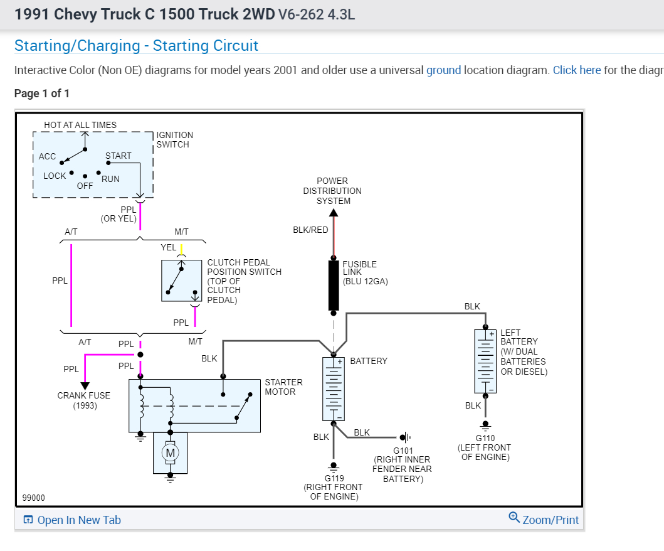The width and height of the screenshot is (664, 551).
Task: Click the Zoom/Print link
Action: tap(544, 519)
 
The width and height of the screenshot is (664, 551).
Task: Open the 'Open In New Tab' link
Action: tap(72, 520)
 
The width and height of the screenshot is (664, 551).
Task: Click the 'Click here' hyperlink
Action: tap(576, 70)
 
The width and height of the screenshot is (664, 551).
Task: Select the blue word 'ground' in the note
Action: tap(443, 70)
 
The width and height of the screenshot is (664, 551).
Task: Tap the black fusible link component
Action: tap(334, 286)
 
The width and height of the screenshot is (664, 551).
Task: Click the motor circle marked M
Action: tap(170, 452)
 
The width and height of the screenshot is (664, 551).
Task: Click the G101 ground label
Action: tap(403, 451)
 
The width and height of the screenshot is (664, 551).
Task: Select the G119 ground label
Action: tap(334, 478)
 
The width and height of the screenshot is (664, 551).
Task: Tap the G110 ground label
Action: tap(485, 438)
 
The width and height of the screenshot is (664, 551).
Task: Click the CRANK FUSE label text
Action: tap(83, 395)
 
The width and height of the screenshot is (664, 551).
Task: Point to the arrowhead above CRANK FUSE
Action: tap(85, 385)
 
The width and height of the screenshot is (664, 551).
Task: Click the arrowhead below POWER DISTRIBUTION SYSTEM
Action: tap(334, 212)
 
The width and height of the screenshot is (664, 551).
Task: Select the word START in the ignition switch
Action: tap(119, 156)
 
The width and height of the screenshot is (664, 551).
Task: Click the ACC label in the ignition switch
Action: tap(47, 156)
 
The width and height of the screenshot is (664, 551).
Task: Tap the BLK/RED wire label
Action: tap(310, 230)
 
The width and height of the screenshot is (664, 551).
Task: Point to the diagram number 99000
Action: tap(33, 498)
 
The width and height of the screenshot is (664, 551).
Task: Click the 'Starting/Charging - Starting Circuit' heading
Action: tap(136, 46)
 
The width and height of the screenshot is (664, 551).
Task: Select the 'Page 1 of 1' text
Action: tap(42, 94)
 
